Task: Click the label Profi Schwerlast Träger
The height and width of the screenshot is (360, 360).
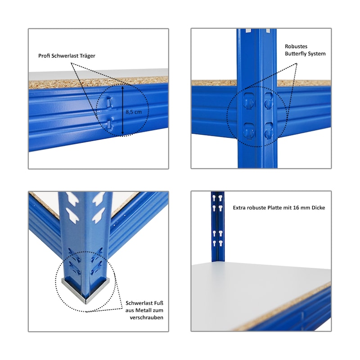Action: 67,56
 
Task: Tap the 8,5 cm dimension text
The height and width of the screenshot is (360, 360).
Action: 134,112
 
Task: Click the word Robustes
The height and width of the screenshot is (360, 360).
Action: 296,46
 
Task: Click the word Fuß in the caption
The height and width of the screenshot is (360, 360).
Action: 159,303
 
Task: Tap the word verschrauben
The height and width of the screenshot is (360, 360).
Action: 147,318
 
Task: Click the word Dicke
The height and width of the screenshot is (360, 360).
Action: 318,208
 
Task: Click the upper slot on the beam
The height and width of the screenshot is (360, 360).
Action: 109,102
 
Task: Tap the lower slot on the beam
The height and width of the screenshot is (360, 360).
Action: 110,124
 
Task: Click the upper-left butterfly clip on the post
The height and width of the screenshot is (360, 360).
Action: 249,100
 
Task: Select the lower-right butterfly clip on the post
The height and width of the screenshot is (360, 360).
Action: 268,130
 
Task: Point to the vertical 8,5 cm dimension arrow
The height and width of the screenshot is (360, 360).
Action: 122,110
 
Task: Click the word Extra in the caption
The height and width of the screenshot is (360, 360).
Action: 239,208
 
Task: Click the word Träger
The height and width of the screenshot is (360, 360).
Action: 87,56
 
